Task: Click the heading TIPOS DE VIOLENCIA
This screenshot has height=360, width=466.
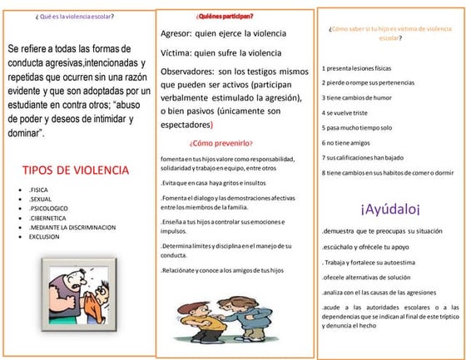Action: tap(76, 170)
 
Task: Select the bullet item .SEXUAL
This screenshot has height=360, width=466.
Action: tap(42, 200)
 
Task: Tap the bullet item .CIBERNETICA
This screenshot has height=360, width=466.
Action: tap(50, 218)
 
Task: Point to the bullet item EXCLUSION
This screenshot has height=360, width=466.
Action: tap(45, 236)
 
